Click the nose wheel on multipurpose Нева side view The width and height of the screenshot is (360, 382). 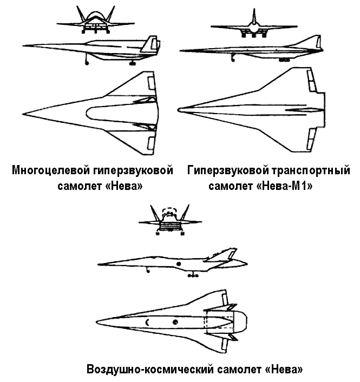[x=87, y=63]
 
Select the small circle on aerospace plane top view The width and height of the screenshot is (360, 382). [x=175, y=322]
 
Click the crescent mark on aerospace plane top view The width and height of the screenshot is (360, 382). [x=146, y=322]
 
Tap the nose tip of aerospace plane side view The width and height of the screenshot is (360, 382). [x=99, y=265]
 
